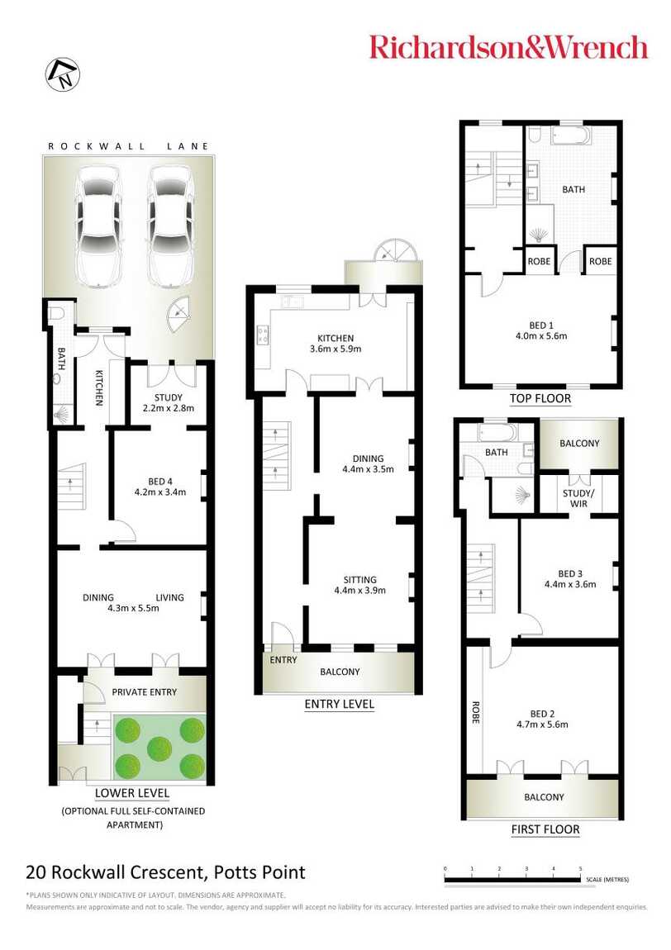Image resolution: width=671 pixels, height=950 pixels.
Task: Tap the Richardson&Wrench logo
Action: (508, 46)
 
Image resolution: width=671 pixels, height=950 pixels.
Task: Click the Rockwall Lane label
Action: (128, 146)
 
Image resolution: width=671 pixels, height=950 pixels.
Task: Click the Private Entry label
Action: (144, 692)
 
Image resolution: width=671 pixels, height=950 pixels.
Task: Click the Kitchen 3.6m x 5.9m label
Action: (335, 344)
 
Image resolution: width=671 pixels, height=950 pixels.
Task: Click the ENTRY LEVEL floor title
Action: (339, 705)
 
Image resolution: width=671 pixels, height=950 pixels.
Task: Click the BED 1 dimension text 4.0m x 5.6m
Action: (541, 336)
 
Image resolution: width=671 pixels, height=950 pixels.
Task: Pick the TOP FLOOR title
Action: (540, 398)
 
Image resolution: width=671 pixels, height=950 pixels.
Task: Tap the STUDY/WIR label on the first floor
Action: (578, 499)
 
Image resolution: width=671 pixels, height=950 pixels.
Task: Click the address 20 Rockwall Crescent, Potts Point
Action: (165, 872)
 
